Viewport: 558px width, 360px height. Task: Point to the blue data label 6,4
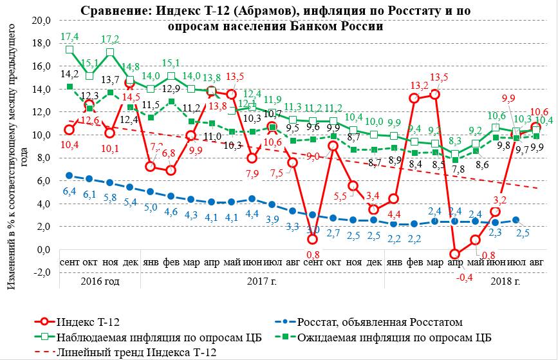[x=70, y=191]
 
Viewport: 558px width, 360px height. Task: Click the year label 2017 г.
[x=257, y=281]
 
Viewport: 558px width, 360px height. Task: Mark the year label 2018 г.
[x=505, y=281]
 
